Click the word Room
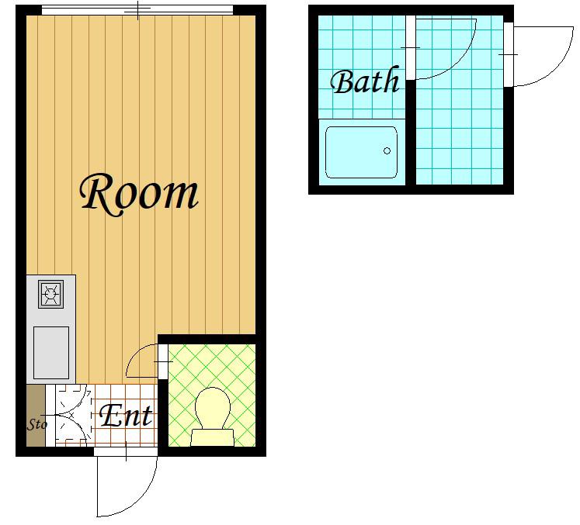139,195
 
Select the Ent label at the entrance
126,416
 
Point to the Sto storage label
37,424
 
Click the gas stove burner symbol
51,294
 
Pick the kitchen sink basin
51,353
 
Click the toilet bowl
212,408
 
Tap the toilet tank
212,437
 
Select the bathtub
361,152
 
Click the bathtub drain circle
387,150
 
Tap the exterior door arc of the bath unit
556,71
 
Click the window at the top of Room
137,10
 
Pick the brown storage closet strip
36,416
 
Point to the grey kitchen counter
51,329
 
